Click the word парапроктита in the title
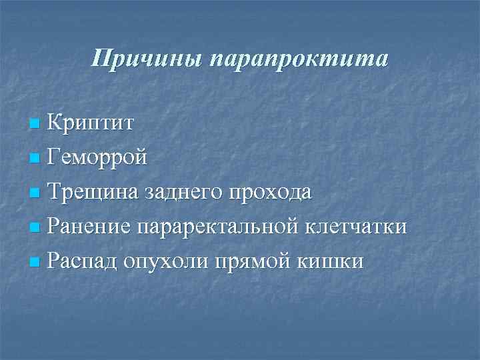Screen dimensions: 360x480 tap(297, 59)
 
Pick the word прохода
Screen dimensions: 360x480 tap(271, 193)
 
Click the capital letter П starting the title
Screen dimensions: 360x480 tap(100, 59)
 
